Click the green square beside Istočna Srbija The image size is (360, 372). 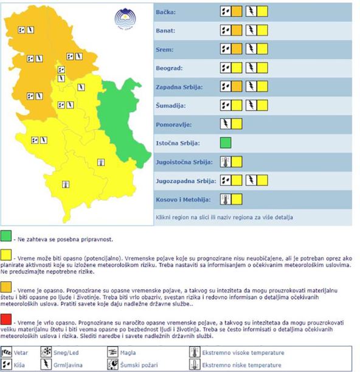tap(226, 143)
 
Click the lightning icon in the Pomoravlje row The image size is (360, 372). tap(226, 125)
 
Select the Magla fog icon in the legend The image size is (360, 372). tap(114, 351)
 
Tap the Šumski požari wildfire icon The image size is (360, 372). tap(114, 364)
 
